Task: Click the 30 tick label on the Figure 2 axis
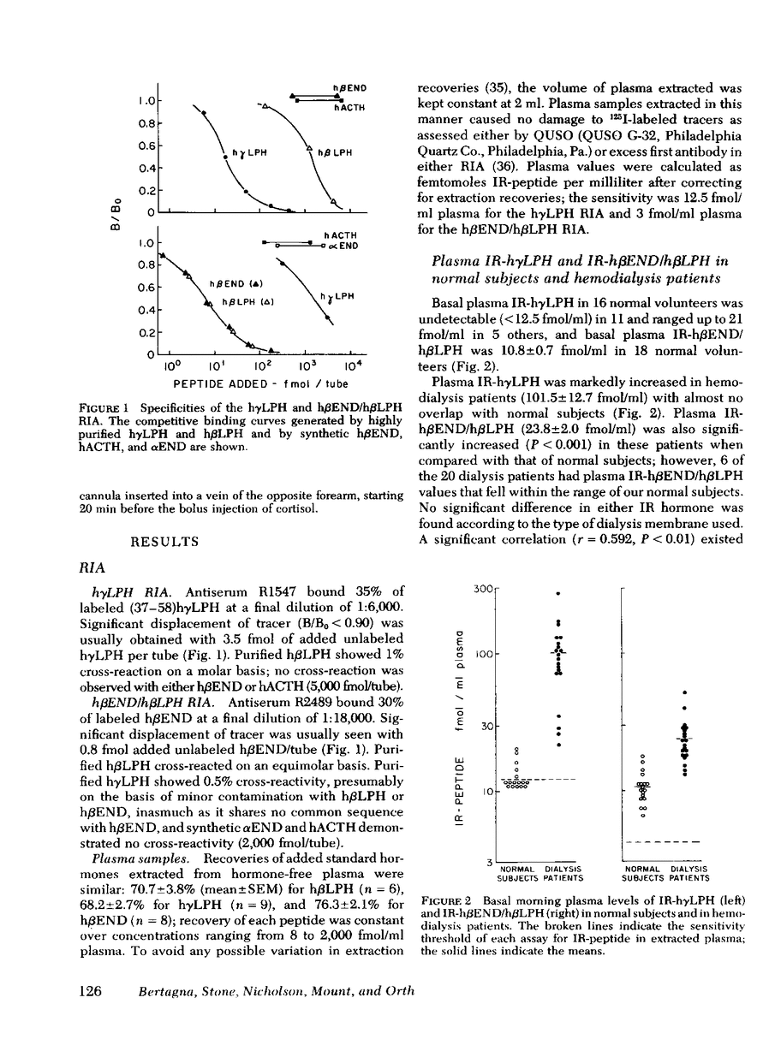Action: pos(486,726)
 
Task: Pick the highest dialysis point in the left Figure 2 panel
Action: pos(558,592)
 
